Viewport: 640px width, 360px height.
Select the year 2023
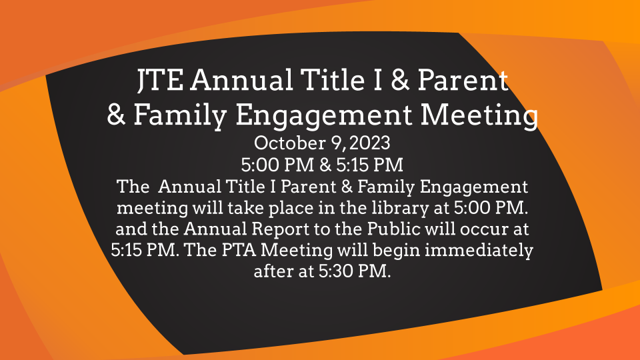pyautogui.click(x=370, y=143)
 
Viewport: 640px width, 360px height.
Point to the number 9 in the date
pyautogui.click(x=336, y=143)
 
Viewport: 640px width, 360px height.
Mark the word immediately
pyautogui.click(x=479, y=251)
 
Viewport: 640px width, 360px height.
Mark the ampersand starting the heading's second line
pyautogui.click(x=116, y=115)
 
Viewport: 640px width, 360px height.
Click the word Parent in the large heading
pyautogui.click(x=463, y=80)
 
